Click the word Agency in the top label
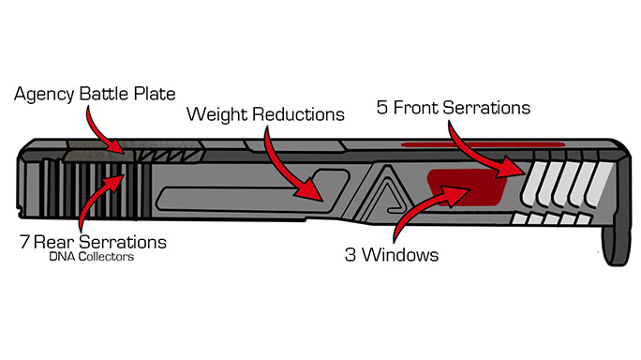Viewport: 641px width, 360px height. pos(45,95)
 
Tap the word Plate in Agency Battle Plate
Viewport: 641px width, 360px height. pos(155,94)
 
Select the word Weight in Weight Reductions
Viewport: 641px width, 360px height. pos(217,115)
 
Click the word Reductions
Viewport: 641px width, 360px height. pos(298,114)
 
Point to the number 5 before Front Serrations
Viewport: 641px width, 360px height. pos(381,108)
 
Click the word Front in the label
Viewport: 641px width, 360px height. pos(416,108)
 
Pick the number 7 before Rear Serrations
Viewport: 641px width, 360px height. pos(24,242)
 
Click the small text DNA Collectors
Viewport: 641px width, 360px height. pos(92,257)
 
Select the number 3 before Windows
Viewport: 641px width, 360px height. pos(350,255)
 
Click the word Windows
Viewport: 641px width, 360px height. pos(400,255)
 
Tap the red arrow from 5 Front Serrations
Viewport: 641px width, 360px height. pos(470,156)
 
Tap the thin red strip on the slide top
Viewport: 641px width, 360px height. pos(484,144)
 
